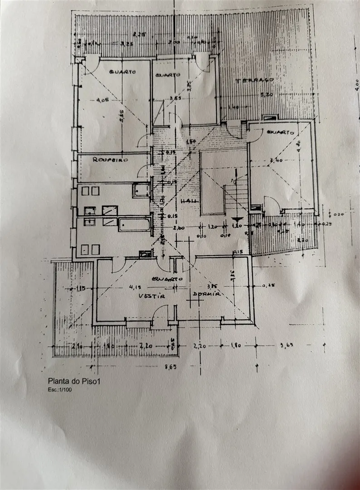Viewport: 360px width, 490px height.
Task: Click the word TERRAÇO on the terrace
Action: click(254, 80)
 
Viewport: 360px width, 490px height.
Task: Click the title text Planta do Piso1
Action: click(73, 382)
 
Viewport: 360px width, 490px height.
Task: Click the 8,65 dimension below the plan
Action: click(170, 367)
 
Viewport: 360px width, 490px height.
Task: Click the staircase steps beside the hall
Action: click(236, 193)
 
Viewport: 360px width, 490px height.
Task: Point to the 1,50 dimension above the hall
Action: click(191, 142)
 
